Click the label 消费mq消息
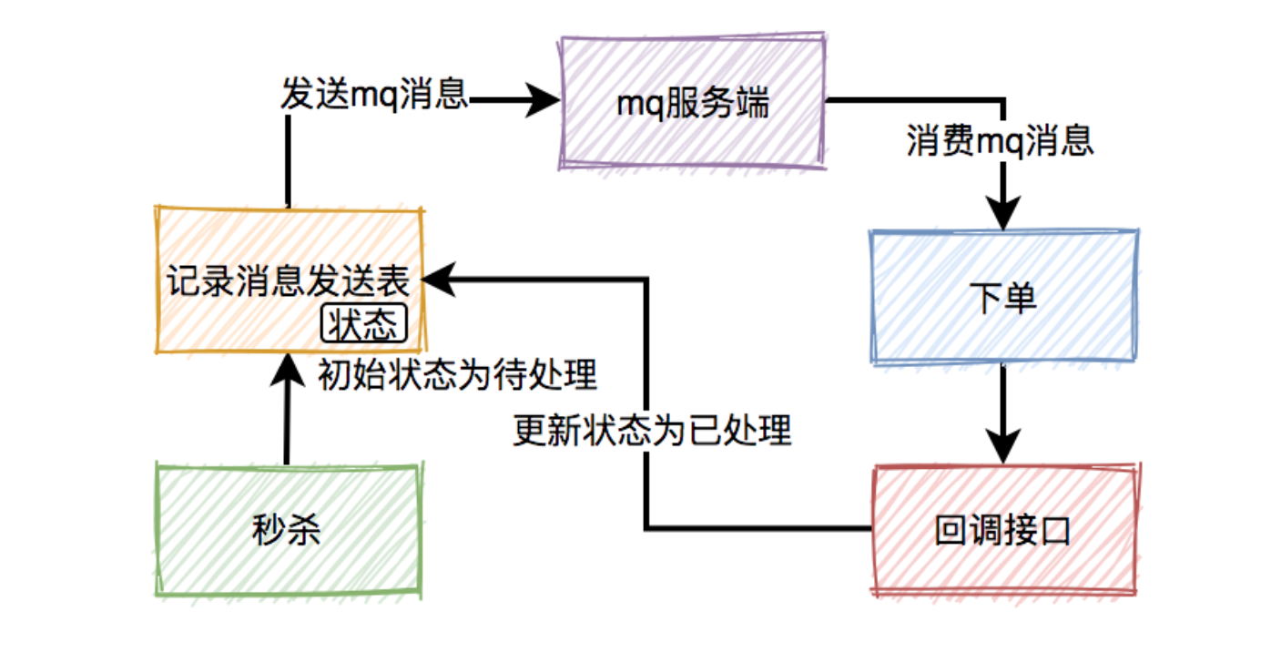1000,141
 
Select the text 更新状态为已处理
652,430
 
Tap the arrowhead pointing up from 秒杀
287,369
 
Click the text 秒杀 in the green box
287,530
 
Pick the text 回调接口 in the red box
1002,531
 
